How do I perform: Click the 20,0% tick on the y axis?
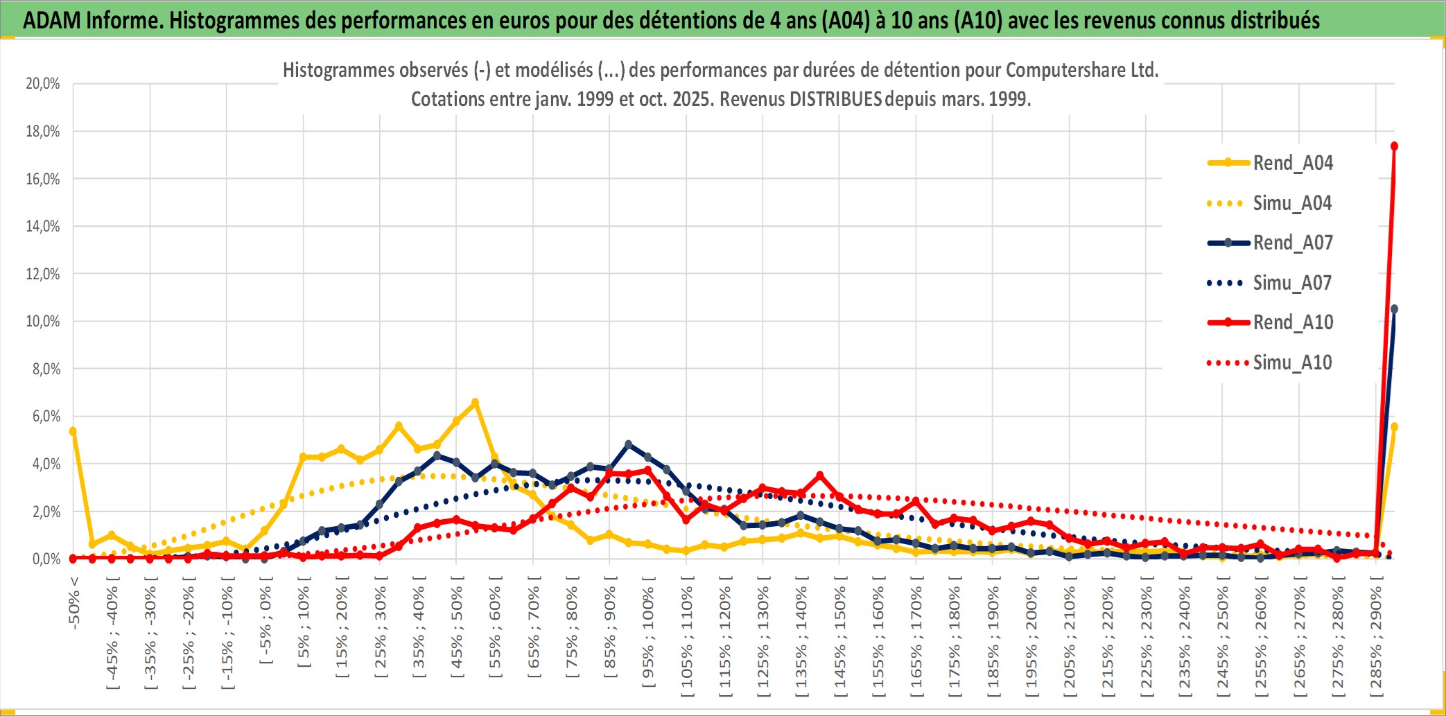tap(43, 84)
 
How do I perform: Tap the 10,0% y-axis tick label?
tap(43, 322)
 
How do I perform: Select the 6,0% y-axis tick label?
tap(46, 417)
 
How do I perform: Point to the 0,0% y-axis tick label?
tap(46, 559)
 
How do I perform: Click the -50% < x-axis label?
tap(74, 603)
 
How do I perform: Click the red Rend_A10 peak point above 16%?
tap(1394, 146)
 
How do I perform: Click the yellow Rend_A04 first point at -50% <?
tap(73, 431)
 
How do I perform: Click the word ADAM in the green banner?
tap(51, 21)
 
